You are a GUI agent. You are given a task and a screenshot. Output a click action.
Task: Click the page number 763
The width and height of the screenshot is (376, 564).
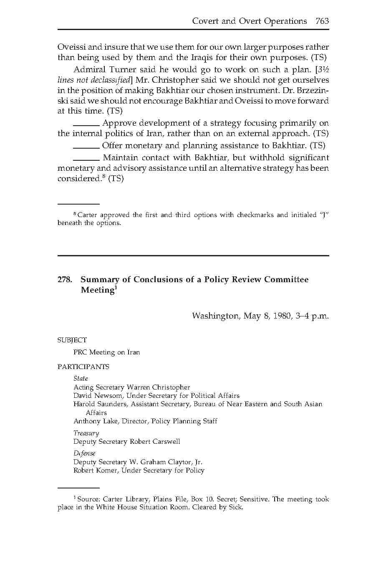pos(322,21)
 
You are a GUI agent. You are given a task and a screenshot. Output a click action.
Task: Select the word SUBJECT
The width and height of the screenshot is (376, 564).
pos(72,340)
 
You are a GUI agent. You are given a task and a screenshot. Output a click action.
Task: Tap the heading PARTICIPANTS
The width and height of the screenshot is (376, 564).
pos(83,367)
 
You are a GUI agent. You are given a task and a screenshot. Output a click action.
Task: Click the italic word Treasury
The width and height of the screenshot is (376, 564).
pos(86,433)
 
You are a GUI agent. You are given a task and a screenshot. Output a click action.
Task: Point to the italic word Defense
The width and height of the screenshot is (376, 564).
pos(84,453)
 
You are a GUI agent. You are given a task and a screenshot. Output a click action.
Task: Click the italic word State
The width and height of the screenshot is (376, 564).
pos(81,379)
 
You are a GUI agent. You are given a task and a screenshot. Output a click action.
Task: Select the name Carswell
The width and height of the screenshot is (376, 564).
pos(165,442)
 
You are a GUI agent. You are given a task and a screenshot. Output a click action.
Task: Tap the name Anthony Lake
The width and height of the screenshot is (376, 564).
pos(96,421)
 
